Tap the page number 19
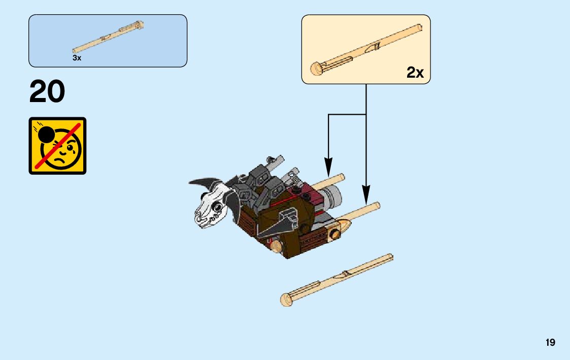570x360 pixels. click(550, 343)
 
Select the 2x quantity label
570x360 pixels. click(415, 73)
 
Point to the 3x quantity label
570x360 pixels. click(77, 58)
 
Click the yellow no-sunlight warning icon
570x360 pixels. click(57, 146)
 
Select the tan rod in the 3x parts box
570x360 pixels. click(108, 36)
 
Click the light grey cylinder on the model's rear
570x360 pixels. click(333, 194)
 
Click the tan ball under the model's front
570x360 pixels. click(276, 246)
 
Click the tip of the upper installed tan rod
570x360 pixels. click(341, 177)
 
